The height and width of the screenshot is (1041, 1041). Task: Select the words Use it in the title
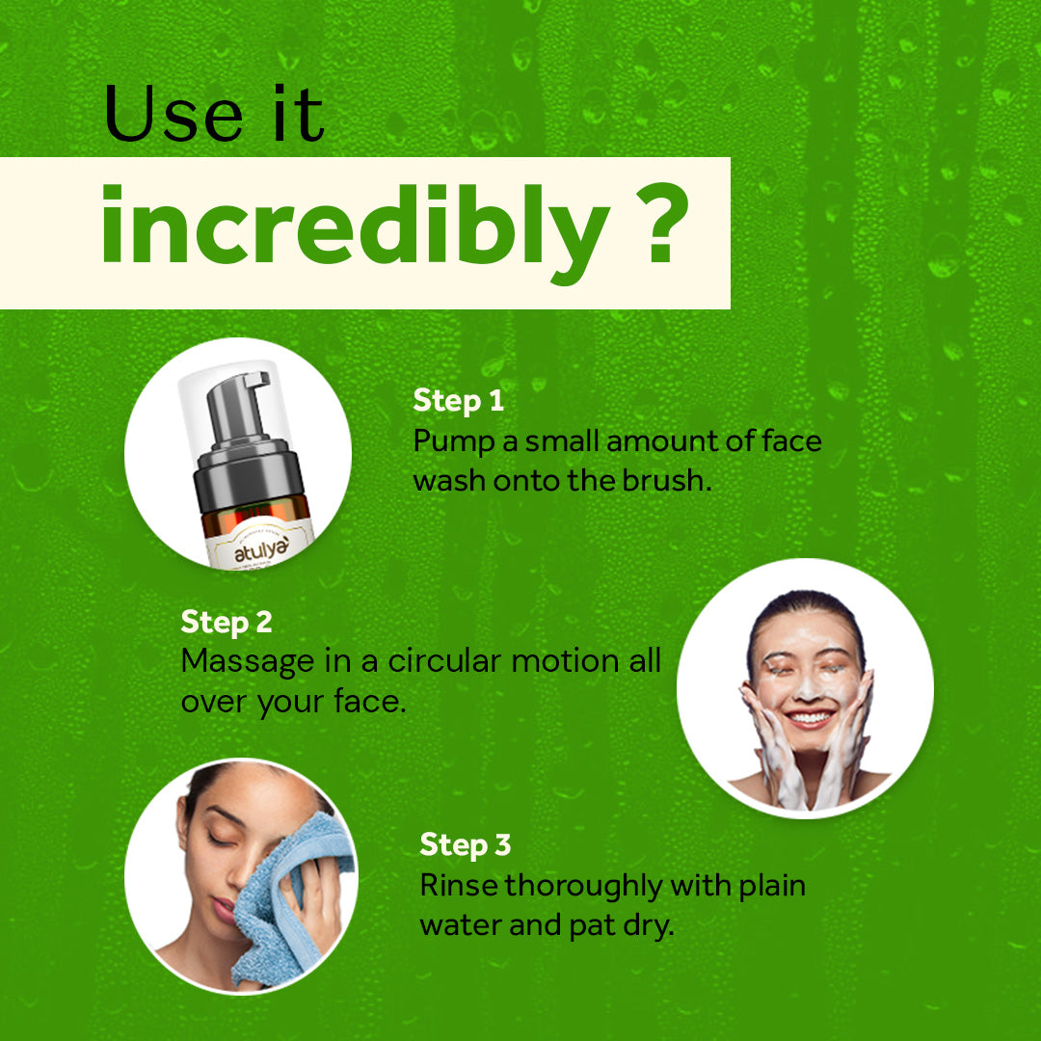pos(214,115)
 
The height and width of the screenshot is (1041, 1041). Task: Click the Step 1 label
pos(458,401)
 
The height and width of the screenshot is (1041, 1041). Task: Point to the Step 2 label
pos(227,622)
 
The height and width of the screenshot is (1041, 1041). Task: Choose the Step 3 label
pos(465,844)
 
